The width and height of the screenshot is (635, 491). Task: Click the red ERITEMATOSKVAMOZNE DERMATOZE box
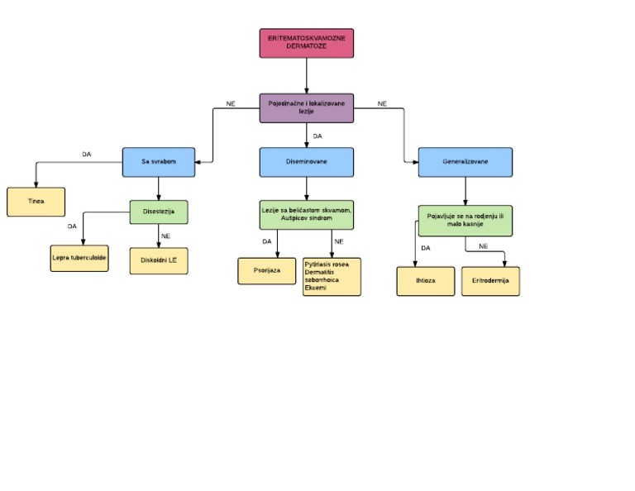pyautogui.click(x=307, y=43)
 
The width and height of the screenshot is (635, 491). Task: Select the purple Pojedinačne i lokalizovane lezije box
pyautogui.click(x=307, y=107)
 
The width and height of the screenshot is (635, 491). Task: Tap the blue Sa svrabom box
pyautogui.click(x=158, y=162)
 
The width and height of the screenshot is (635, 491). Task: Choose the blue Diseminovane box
pyautogui.click(x=307, y=162)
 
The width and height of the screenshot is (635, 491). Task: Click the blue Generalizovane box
pyautogui.click(x=465, y=162)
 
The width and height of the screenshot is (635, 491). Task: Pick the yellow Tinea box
pyautogui.click(x=36, y=201)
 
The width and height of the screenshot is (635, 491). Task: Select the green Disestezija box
pyautogui.click(x=159, y=212)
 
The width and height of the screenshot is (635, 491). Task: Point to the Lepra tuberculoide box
pyautogui.click(x=79, y=257)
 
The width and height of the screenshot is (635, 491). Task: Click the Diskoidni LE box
pyautogui.click(x=159, y=260)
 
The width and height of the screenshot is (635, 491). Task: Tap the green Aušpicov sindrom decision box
pyautogui.click(x=307, y=215)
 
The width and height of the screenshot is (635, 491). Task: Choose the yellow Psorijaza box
pyautogui.click(x=267, y=270)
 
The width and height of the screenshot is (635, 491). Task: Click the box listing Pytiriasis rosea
pyautogui.click(x=332, y=276)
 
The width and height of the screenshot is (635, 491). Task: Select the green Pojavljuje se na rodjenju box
pyautogui.click(x=465, y=220)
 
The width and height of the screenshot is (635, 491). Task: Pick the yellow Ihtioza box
pyautogui.click(x=426, y=280)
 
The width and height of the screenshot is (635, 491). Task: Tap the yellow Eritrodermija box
pyautogui.click(x=490, y=280)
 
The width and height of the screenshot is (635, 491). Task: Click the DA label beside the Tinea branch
pyautogui.click(x=86, y=154)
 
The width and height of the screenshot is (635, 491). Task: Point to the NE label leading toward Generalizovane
pyautogui.click(x=382, y=103)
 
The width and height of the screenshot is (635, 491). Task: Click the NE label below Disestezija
pyautogui.click(x=165, y=236)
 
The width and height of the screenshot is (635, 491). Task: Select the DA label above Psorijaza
pyautogui.click(x=266, y=241)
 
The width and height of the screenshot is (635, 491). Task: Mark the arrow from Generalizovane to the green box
pyautogui.click(x=465, y=191)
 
